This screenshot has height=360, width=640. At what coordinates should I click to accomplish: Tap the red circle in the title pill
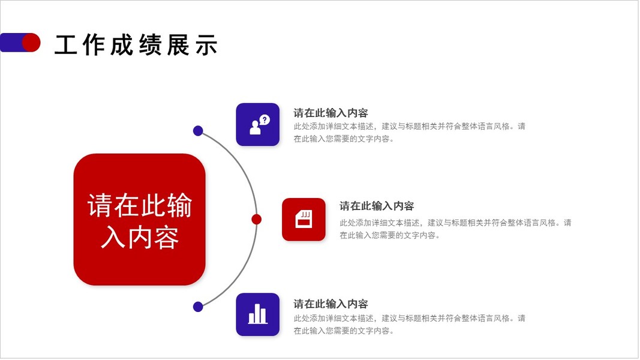(31, 43)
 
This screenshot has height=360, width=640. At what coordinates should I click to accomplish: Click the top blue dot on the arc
(198, 131)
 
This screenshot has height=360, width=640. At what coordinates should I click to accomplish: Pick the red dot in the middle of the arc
(256, 219)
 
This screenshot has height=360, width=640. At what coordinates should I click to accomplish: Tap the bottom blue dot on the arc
(198, 307)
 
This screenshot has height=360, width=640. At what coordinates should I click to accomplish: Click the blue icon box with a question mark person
(258, 124)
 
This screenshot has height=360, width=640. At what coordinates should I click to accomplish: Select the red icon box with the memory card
(304, 220)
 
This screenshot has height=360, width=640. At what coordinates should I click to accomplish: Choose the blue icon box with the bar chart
(258, 314)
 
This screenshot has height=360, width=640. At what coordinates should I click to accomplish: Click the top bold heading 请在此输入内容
(330, 113)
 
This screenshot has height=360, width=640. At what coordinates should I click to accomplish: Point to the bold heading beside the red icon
(377, 206)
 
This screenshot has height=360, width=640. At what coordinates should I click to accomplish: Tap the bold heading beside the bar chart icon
(330, 304)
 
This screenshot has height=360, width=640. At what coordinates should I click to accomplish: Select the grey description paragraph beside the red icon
(455, 229)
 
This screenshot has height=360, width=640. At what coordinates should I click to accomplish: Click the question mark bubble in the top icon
(265, 119)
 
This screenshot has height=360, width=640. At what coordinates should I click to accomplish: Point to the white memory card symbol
(304, 220)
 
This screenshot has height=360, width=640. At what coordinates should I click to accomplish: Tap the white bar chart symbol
(258, 314)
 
